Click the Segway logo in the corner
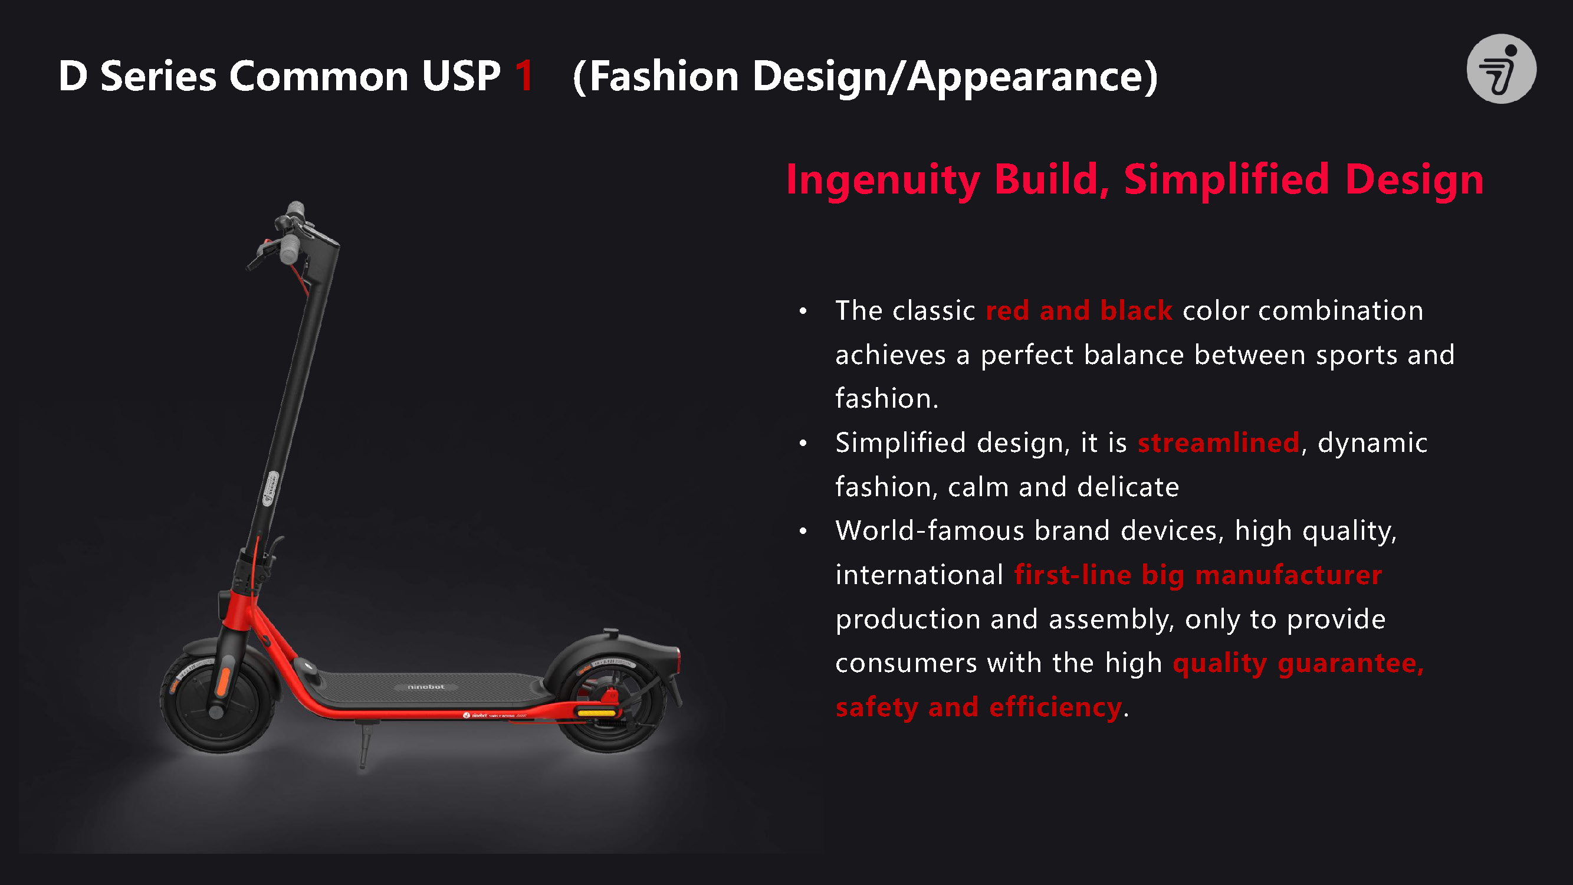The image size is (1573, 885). [1502, 68]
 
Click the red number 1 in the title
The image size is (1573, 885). [524, 76]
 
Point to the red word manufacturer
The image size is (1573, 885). [1289, 575]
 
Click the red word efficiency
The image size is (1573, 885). [1055, 707]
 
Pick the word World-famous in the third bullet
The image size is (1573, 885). [930, 530]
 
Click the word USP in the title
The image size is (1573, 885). [461, 76]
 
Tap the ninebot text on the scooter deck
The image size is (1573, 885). [426, 687]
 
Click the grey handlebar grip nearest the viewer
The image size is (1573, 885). [288, 250]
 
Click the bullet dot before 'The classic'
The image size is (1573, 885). [803, 312]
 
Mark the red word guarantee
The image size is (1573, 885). [1351, 663]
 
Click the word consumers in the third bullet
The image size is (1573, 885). [906, 663]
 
